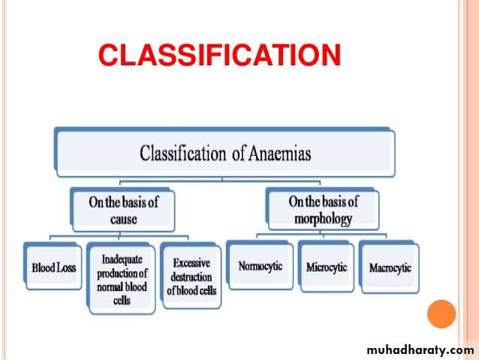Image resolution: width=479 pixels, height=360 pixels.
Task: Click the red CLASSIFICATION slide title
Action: (x=219, y=55)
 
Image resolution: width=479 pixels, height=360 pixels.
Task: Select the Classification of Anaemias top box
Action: (x=224, y=153)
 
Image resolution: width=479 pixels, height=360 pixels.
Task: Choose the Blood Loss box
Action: (x=53, y=267)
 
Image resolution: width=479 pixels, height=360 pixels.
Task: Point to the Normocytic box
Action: (x=259, y=266)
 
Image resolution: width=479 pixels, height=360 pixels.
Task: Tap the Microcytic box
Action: (x=327, y=267)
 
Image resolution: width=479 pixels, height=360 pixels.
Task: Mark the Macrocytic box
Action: (x=390, y=268)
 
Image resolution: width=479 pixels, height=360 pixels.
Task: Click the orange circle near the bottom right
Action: (x=441, y=313)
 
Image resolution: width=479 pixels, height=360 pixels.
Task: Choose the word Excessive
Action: (x=191, y=264)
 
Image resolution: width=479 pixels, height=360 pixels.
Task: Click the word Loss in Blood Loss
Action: (x=65, y=267)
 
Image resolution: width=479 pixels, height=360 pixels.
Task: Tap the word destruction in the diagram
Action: (x=191, y=277)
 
